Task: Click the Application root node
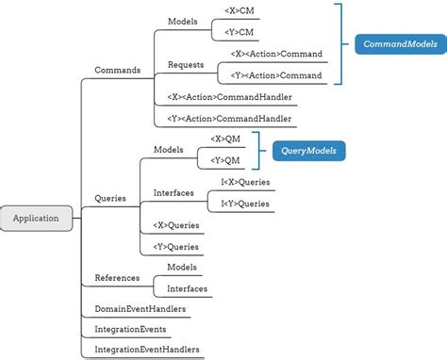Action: pyautogui.click(x=36, y=218)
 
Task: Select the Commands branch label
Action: pyautogui.click(x=118, y=70)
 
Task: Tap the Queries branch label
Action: pyautogui.click(x=110, y=198)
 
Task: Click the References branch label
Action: pyautogui.click(x=117, y=278)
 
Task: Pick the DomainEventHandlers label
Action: pyautogui.click(x=141, y=308)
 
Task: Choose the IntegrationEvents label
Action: pyautogui.click(x=131, y=329)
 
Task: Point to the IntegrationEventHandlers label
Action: pyautogui.click(x=147, y=350)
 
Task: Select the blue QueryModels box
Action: pyautogui.click(x=308, y=150)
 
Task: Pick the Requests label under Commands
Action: pyautogui.click(x=186, y=64)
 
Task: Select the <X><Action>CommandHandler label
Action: pyautogui.click(x=229, y=96)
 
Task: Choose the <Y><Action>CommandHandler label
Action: pyautogui.click(x=229, y=119)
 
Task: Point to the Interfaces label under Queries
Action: pyautogui.click(x=174, y=192)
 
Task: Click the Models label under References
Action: pyautogui.click(x=182, y=268)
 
